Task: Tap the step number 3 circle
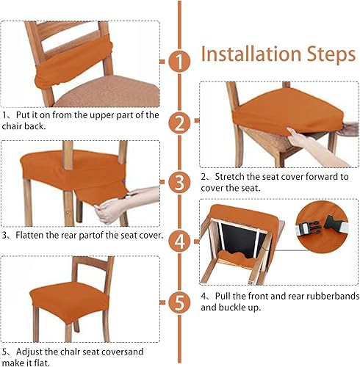click(179, 181)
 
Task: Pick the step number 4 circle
click(179, 241)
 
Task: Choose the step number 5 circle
click(179, 302)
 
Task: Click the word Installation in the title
click(248, 54)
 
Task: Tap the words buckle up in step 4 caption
click(251, 308)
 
